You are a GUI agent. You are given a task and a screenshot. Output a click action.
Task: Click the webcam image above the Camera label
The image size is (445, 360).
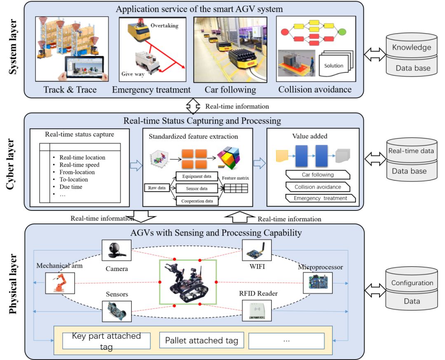pos(116,250)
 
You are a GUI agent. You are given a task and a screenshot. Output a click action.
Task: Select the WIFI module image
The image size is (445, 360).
pos(256,250)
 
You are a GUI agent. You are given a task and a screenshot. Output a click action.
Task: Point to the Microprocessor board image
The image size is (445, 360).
pos(317,282)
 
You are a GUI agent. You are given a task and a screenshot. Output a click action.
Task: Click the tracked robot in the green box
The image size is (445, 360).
pos(188,282)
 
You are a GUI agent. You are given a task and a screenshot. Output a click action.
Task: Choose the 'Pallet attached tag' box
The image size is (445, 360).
pos(201,341)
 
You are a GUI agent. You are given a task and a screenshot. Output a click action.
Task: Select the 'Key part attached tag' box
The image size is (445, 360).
pos(106,341)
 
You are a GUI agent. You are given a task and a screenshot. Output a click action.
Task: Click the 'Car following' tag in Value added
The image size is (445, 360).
pos(318,175)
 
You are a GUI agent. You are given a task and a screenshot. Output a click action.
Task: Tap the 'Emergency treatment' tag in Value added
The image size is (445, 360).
pos(320,198)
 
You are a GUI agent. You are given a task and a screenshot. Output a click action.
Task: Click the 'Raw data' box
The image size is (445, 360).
pos(157,188)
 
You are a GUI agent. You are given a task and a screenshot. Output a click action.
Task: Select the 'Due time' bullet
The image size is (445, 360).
pos(71,187)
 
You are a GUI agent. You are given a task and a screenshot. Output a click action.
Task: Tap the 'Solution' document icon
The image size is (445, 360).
pos(333,65)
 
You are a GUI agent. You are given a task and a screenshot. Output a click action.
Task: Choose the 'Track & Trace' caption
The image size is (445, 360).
pos(70,89)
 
